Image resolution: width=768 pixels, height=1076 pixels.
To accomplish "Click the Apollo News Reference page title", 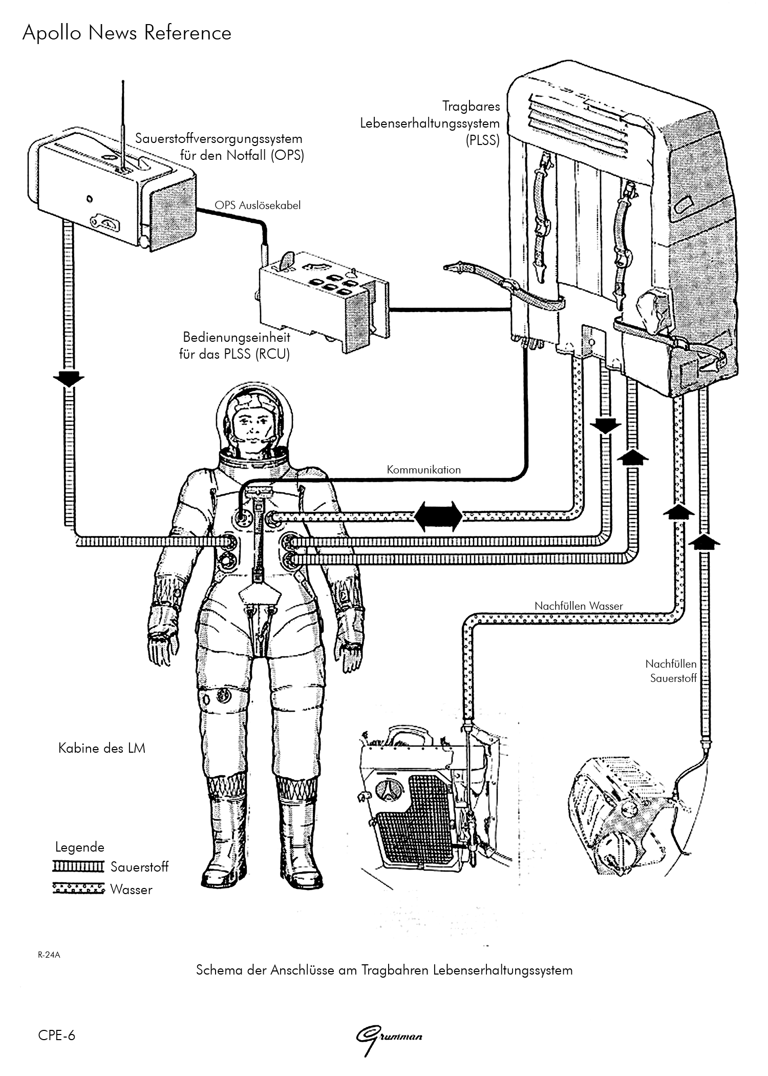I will [126, 33].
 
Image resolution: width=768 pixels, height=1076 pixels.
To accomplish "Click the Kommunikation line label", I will [423, 469].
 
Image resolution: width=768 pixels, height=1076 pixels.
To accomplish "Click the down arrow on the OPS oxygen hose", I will [68, 380].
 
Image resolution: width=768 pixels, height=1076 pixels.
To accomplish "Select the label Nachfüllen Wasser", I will [579, 606].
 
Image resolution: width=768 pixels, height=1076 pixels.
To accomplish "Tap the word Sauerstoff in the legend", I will [139, 867].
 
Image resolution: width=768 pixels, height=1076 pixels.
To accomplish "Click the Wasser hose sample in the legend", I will [78, 888].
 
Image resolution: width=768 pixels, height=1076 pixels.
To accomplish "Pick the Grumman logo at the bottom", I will [389, 1037].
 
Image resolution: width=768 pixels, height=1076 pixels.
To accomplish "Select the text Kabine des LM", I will [102, 749].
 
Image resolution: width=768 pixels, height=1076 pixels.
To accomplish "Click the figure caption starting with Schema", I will [384, 970].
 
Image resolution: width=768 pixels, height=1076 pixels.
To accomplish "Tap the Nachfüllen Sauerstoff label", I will [671, 671].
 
